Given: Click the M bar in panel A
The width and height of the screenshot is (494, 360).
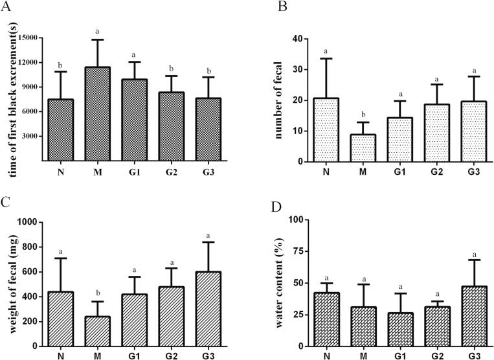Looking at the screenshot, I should [96, 114].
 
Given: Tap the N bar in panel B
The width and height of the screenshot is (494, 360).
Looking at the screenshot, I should [326, 129].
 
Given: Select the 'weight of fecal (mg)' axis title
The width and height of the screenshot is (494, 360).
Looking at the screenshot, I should [10, 284].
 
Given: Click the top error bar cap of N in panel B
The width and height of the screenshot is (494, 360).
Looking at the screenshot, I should [326, 58].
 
